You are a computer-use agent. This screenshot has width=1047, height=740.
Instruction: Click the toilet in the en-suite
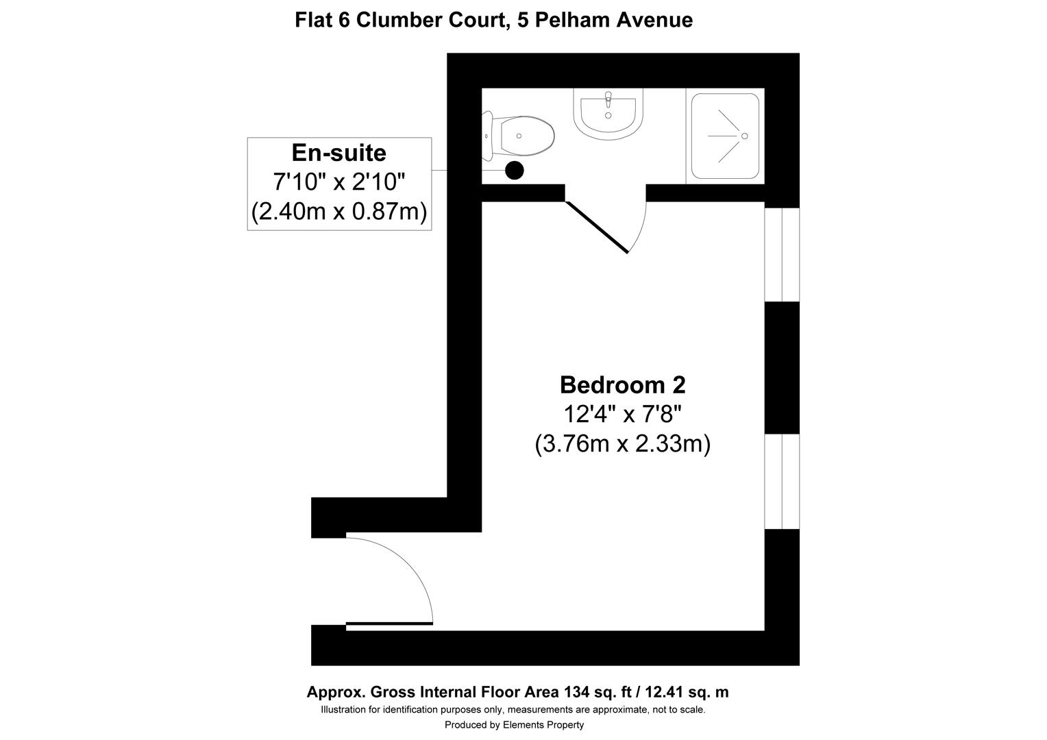pos(523,136)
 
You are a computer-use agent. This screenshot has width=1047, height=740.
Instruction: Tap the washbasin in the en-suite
pos(608,114)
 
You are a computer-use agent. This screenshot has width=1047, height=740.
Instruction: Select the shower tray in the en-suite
pos(725,136)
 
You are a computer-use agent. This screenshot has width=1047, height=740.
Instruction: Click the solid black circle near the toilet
pos(515,170)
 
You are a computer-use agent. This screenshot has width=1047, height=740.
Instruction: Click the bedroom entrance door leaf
pos(389,624)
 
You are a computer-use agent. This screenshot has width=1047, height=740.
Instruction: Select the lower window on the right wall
pos(782,481)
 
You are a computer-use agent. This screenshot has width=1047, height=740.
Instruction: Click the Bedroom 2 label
pos(622,385)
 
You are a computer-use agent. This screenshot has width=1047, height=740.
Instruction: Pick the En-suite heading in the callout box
pos(339,152)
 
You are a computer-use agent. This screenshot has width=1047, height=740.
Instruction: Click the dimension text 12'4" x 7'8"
pos(622,415)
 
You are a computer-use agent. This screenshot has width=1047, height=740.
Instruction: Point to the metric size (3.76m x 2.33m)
pos(622,444)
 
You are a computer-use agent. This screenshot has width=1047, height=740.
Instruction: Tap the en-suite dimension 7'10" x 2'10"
pos(339,182)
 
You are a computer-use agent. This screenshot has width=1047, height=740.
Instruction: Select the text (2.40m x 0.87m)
pos(339,211)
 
